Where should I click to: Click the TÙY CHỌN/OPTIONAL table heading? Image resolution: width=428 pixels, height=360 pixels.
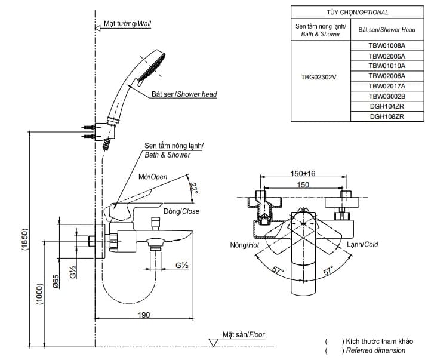[356, 12]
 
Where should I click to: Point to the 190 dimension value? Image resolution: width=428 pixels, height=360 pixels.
[143, 315]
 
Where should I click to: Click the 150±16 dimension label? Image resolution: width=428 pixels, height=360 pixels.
[303, 173]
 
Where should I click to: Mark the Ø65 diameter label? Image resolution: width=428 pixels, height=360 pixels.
[55, 281]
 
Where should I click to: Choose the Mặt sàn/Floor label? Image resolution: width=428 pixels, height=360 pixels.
[244, 335]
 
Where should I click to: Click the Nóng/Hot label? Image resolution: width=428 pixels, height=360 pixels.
[244, 245]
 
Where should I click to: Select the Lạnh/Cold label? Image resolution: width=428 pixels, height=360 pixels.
[362, 244]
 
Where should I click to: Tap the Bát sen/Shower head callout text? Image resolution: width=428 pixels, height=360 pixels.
[184, 94]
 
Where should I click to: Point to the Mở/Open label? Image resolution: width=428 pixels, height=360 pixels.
[153, 177]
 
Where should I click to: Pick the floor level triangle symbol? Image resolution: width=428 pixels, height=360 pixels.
[213, 341]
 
